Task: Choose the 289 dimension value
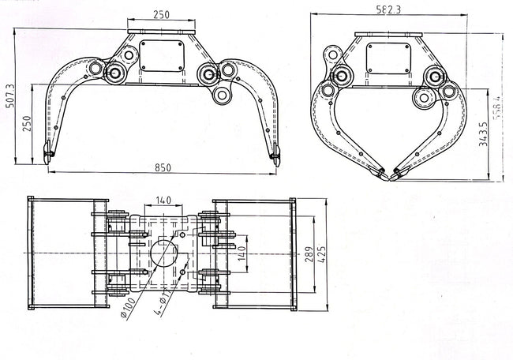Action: pos(306,254)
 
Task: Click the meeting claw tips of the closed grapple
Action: pos(388,172)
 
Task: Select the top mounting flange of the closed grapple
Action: pos(386,34)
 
